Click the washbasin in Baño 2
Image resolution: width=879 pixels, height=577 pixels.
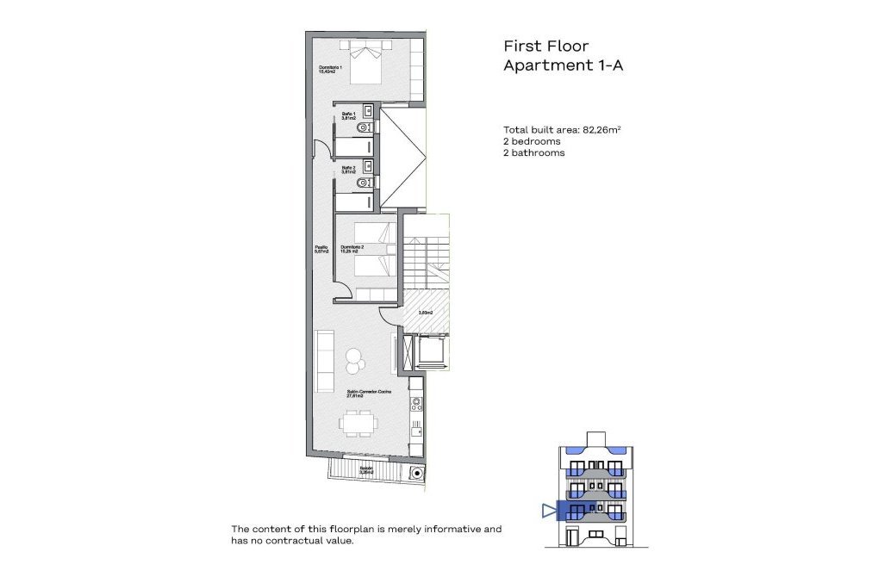368,165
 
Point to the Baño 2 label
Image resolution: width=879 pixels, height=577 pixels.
349,170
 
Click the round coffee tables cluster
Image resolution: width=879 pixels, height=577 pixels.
354,359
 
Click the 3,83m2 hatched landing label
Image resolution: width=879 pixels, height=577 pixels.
425,313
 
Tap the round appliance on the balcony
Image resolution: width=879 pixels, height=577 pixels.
418,472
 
